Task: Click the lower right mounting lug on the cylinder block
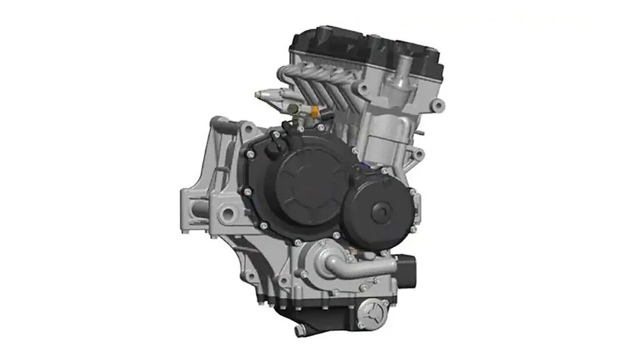(417, 155)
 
